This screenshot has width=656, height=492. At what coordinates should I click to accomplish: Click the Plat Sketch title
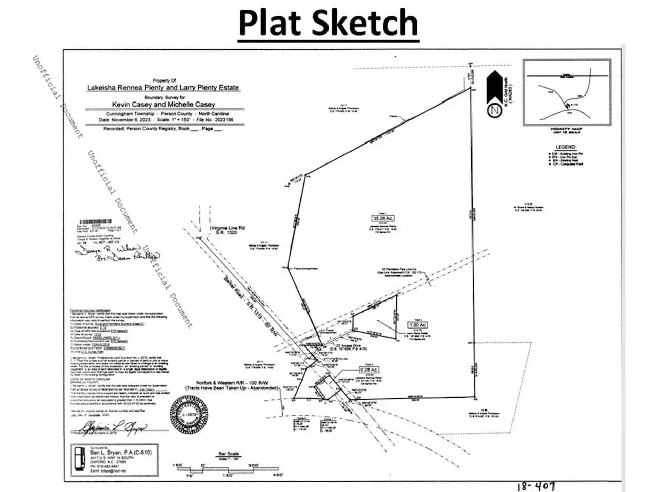click(x=328, y=23)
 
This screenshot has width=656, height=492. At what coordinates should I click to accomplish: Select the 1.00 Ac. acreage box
click(x=418, y=325)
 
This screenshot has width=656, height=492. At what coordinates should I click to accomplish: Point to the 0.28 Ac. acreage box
click(x=368, y=370)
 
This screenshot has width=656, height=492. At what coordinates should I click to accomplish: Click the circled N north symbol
click(x=495, y=110)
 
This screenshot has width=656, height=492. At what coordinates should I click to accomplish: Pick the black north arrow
click(x=495, y=87)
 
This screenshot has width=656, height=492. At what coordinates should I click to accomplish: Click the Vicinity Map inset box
click(x=567, y=92)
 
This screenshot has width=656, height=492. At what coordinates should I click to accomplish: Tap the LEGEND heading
click(x=565, y=147)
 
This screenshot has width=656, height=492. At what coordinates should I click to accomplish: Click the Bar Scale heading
click(x=229, y=454)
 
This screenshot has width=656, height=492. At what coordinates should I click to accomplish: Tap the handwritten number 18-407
click(x=536, y=486)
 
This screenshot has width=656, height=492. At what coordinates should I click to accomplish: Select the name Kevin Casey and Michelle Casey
click(x=163, y=104)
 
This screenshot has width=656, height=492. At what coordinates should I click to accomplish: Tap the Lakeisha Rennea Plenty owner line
click(x=163, y=88)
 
